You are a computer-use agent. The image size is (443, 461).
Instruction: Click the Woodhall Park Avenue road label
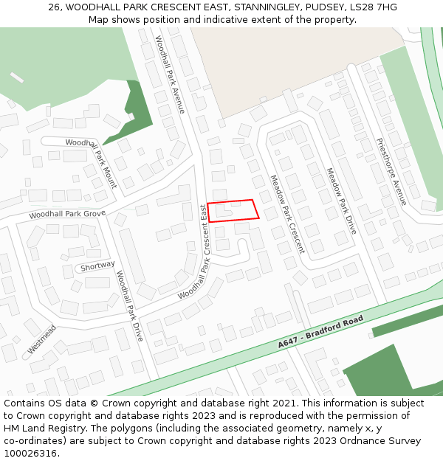pos(170,74)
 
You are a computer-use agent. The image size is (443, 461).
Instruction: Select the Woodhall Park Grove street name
pos(67,215)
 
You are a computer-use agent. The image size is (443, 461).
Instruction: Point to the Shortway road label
pos(97,266)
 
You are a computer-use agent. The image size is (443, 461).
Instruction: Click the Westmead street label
pos(42,338)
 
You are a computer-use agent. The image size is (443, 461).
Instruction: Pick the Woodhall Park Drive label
pos(128,305)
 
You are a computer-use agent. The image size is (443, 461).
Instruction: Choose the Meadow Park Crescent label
pos(287,214)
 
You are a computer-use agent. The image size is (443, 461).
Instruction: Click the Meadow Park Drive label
pos(341,201)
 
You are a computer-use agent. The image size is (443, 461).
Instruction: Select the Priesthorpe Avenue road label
pos(391,171)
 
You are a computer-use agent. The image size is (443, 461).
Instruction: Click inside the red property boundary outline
pos(233,211)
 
